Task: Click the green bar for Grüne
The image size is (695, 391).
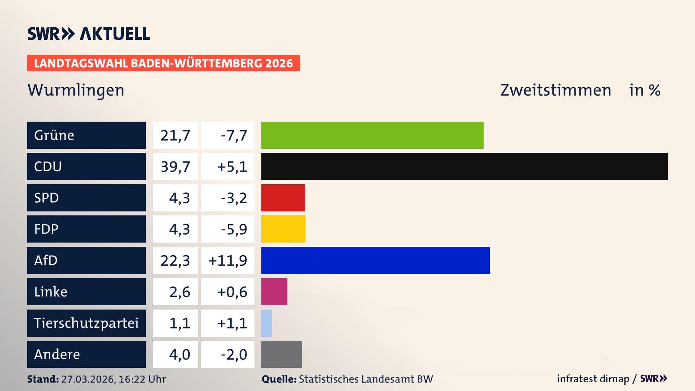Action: point(372,135)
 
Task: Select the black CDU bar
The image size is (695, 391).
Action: point(464,166)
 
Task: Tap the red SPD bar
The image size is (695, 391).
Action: point(283,198)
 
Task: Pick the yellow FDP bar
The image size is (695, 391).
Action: point(283,229)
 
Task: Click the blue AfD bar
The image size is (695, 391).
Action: point(375,260)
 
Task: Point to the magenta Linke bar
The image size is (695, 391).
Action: point(274,291)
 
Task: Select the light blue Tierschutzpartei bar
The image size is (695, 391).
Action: point(267,323)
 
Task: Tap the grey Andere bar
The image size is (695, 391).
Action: point(282,354)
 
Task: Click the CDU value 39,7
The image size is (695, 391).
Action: point(175,167)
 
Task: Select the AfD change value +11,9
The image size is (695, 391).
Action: point(228,260)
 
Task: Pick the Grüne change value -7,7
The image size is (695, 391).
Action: point(233,135)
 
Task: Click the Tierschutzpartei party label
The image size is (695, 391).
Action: point(86,323)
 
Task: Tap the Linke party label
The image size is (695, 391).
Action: point(51,291)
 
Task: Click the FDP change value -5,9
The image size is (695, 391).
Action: point(233,229)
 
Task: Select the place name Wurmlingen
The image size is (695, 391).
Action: point(76,90)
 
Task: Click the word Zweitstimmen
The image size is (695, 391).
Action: point(556,90)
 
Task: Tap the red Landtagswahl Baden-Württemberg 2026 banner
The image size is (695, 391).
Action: point(163,63)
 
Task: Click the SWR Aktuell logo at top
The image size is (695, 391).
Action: point(89,34)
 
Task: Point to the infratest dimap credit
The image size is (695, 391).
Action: point(593,379)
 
